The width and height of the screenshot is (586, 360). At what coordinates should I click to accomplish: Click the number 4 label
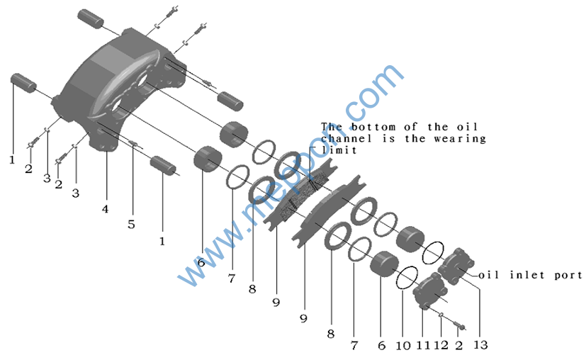(x=106, y=209)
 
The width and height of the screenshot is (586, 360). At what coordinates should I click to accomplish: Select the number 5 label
(x=131, y=225)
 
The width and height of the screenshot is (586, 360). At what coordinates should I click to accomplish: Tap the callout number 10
(x=403, y=345)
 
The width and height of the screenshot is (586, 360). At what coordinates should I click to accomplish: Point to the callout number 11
(x=424, y=345)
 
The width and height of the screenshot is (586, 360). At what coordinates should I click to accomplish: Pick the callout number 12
(x=441, y=345)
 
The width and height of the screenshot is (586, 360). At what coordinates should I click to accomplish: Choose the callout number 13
(x=480, y=344)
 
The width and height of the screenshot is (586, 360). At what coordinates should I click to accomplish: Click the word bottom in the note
(x=372, y=127)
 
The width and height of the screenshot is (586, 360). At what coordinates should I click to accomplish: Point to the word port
(x=568, y=276)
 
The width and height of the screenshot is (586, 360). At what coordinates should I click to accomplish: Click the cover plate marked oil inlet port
(x=456, y=266)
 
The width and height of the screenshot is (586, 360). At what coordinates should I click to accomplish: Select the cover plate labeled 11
(x=430, y=291)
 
